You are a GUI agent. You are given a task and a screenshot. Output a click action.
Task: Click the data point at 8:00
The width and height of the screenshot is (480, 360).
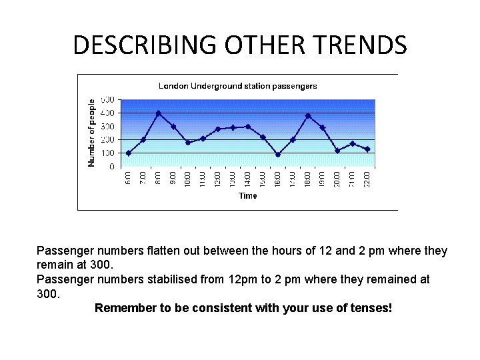click(x=159, y=113)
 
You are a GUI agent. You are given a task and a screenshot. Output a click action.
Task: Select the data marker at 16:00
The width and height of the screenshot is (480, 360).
click(x=278, y=154)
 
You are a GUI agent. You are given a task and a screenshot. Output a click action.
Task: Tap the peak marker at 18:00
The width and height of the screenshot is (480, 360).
click(x=308, y=116)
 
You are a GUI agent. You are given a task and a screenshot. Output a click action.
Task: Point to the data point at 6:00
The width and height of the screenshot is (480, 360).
click(x=129, y=153)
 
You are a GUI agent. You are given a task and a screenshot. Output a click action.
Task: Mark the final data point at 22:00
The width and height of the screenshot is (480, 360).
click(x=367, y=149)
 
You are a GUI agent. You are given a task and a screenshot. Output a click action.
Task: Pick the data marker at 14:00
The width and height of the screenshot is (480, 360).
click(x=248, y=127)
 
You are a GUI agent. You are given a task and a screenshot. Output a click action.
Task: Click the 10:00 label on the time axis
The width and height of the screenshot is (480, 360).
click(x=189, y=179)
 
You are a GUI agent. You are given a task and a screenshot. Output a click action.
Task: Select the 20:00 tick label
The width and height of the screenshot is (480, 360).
click(x=338, y=179)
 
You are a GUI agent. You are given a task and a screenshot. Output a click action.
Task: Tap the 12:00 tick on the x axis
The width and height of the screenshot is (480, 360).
click(x=219, y=179)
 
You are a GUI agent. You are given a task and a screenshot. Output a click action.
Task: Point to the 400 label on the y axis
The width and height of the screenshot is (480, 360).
click(x=108, y=113)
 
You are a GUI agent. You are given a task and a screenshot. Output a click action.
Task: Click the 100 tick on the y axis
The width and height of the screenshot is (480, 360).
click(x=108, y=153)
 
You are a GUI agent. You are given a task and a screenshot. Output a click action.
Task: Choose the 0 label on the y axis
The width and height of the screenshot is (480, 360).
click(x=111, y=167)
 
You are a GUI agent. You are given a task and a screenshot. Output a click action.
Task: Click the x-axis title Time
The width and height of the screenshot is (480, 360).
click(x=248, y=196)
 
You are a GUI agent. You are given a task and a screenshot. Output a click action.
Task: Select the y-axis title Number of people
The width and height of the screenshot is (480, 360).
click(x=92, y=133)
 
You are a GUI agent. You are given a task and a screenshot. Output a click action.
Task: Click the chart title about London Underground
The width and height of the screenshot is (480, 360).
click(x=237, y=86)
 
